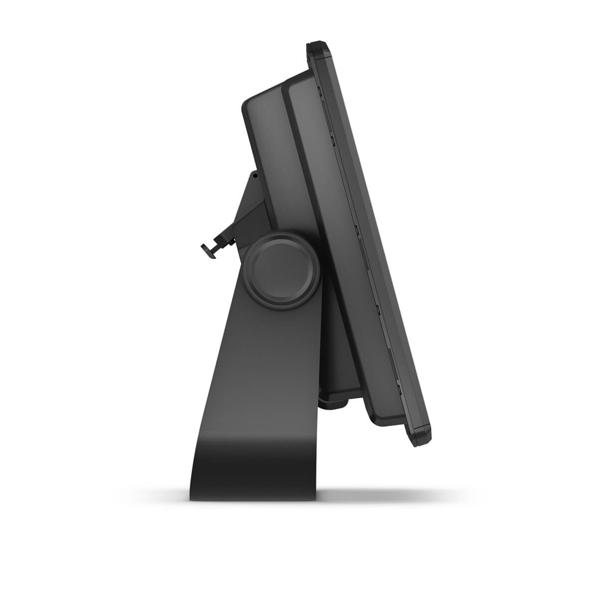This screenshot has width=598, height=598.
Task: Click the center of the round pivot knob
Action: (283, 266)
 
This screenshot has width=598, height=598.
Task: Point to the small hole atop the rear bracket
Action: (254, 175)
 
